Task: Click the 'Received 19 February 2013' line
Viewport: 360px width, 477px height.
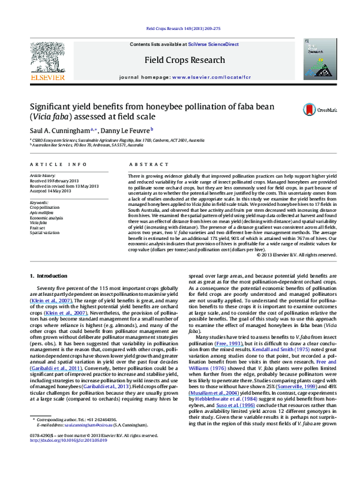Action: (56, 180)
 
